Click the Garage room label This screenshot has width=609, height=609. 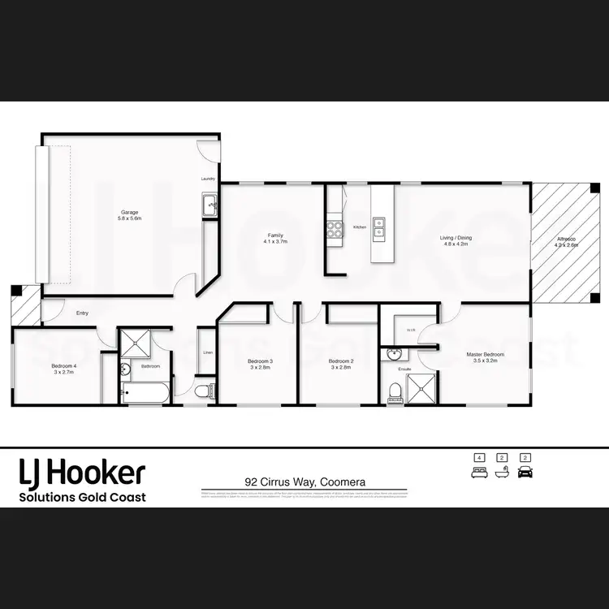(x=130, y=215)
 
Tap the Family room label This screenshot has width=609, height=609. (x=275, y=238)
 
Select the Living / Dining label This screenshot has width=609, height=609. (x=456, y=241)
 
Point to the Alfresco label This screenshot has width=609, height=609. (x=566, y=241)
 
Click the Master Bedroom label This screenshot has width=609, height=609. (x=486, y=358)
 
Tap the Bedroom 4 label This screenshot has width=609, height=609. (x=63, y=369)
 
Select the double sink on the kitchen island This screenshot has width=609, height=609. (x=379, y=228)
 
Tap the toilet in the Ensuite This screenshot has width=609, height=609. (x=395, y=392)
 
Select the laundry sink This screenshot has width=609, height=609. (x=209, y=204)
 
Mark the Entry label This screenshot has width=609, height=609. (x=82, y=313)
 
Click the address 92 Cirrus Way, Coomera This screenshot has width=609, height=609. (x=304, y=482)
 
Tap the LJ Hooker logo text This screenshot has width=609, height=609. (x=82, y=472)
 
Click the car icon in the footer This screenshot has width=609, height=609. (x=524, y=471)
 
